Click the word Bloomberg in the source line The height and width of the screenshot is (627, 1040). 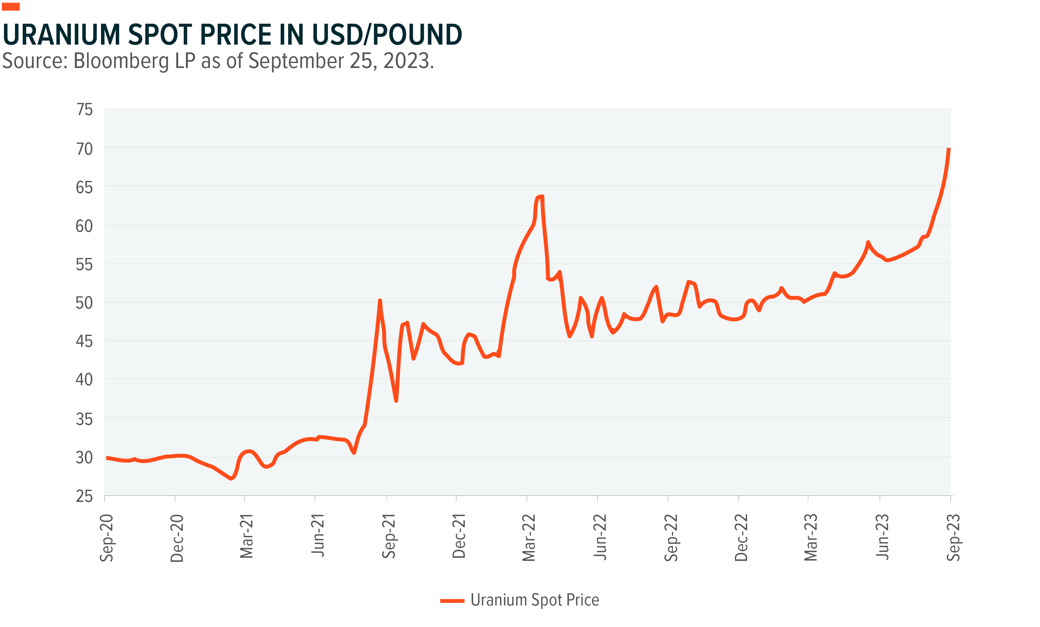point(121,61)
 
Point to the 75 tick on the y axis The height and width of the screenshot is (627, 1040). point(85,110)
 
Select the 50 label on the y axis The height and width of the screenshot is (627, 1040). point(85,303)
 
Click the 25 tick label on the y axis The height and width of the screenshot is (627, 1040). point(85,497)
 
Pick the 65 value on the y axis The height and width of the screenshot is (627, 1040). point(85,187)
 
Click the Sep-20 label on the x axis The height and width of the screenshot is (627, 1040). point(106,537)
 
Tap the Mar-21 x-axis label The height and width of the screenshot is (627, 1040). point(246,536)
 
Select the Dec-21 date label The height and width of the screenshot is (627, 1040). point(459,536)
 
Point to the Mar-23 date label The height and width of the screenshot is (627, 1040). point(811,537)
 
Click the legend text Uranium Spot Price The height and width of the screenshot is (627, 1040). point(535,600)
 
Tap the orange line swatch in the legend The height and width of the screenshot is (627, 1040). point(452,601)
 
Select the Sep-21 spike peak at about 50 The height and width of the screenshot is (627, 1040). point(380,301)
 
